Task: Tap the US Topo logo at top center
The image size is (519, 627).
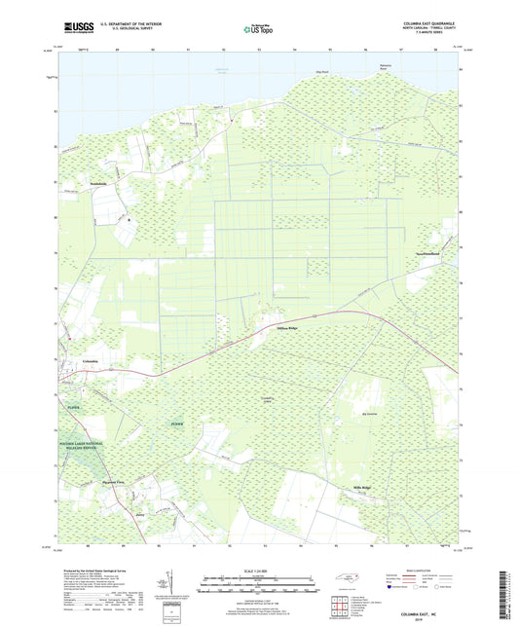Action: click(x=259, y=29)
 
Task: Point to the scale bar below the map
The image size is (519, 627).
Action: click(x=259, y=588)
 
